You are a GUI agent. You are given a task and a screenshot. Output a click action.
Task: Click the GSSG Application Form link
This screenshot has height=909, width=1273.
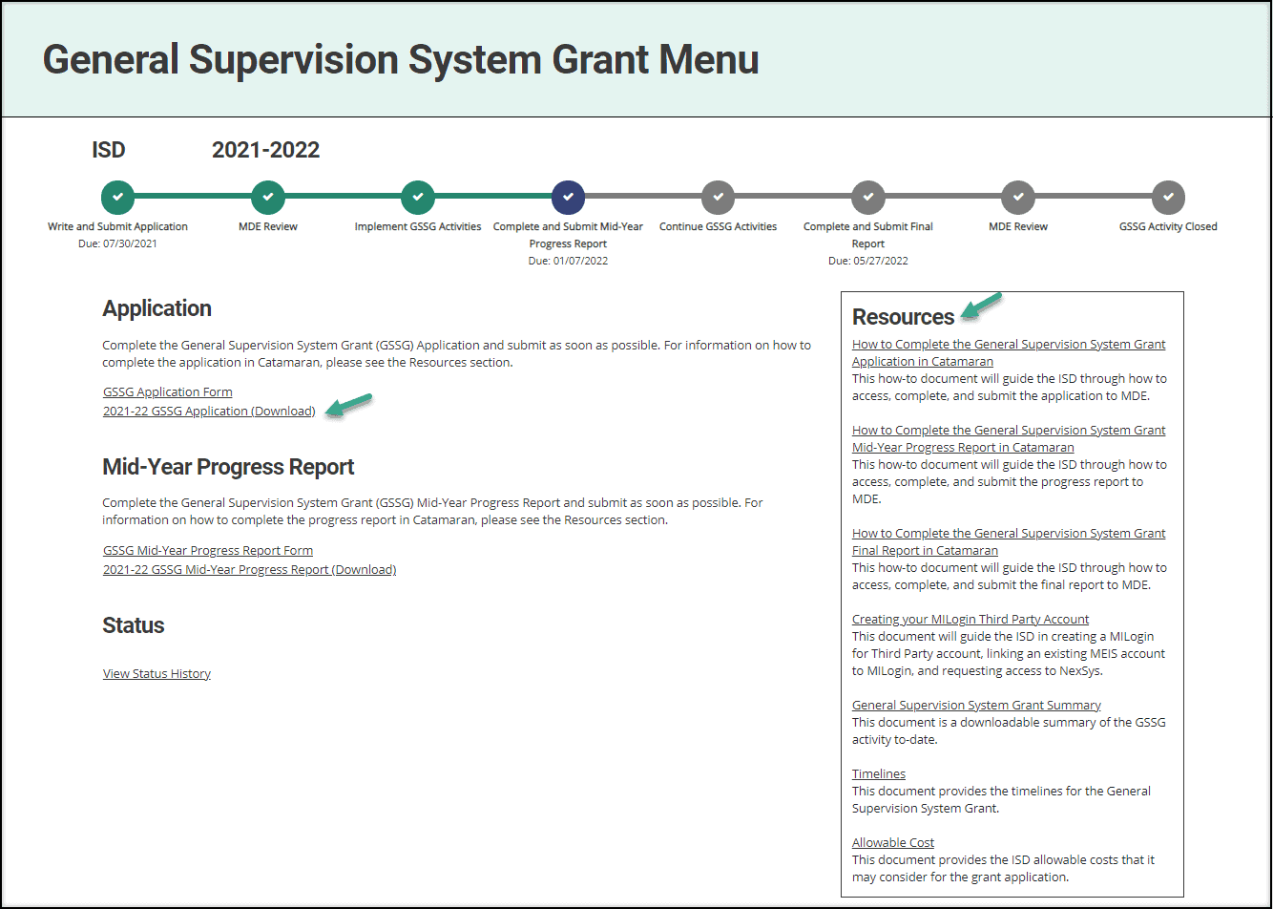point(168,391)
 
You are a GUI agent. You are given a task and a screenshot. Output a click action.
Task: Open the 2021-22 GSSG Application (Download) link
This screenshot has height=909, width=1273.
point(209,411)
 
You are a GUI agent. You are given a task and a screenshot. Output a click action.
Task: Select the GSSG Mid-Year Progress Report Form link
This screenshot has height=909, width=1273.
point(208,550)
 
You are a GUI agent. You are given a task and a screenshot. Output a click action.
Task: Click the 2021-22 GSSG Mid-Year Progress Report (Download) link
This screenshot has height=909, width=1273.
point(249,570)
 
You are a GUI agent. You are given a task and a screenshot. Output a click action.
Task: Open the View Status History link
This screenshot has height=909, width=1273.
point(157,674)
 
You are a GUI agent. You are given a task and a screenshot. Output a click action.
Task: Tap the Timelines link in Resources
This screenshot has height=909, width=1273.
point(879,773)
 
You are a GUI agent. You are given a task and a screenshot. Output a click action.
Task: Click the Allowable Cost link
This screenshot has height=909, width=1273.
point(893,842)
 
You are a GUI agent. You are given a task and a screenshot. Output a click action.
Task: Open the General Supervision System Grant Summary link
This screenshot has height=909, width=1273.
point(976,705)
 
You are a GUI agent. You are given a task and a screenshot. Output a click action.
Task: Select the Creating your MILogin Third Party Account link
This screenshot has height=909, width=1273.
point(970,619)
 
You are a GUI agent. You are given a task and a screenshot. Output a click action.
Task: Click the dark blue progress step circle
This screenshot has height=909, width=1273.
point(568,197)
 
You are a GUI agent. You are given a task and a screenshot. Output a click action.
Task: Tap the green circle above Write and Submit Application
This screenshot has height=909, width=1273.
point(117,197)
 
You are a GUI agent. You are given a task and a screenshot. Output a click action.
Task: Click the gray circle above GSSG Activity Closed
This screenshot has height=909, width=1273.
point(1168,197)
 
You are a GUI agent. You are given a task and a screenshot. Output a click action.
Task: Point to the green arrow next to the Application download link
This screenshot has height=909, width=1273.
point(349,406)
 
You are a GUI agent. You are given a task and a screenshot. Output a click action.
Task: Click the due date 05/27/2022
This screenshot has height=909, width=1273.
point(867,261)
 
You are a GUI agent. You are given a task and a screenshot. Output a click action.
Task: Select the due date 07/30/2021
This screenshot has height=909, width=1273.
point(117,243)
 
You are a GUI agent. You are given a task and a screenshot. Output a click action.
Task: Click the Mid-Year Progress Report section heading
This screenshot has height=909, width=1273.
point(228,467)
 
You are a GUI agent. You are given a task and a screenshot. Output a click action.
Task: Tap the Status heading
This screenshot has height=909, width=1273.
point(133,625)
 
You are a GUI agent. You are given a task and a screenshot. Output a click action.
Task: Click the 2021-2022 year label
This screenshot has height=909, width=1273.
point(265,150)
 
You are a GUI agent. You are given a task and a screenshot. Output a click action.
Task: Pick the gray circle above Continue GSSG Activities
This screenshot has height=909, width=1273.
point(718,197)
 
